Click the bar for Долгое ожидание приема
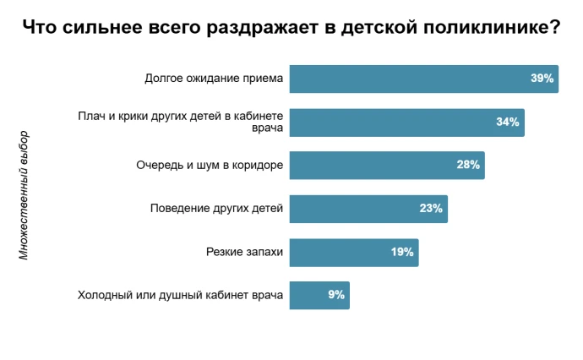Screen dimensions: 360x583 (x=406, y=79)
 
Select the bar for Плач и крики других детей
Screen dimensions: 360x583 (x=389, y=123)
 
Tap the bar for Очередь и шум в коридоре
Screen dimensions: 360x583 (x=372, y=166)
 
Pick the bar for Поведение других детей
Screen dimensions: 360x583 (x=355, y=209)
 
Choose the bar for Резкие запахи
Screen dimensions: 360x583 (x=338, y=252)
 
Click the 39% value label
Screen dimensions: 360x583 (x=542, y=79)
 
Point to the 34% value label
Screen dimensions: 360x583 (x=507, y=123)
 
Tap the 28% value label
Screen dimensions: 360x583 (x=468, y=166)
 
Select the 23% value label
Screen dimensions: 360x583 (x=431, y=209)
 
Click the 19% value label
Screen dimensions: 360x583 (x=401, y=252)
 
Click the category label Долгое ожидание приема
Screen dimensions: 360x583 (x=214, y=79)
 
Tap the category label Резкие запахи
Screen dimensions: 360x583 (x=244, y=252)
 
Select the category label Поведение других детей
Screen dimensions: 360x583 (x=216, y=209)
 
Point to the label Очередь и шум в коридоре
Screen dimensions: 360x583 (x=210, y=166)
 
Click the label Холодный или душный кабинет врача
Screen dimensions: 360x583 (x=180, y=295)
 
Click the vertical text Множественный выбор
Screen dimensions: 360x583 (x=24, y=194)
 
